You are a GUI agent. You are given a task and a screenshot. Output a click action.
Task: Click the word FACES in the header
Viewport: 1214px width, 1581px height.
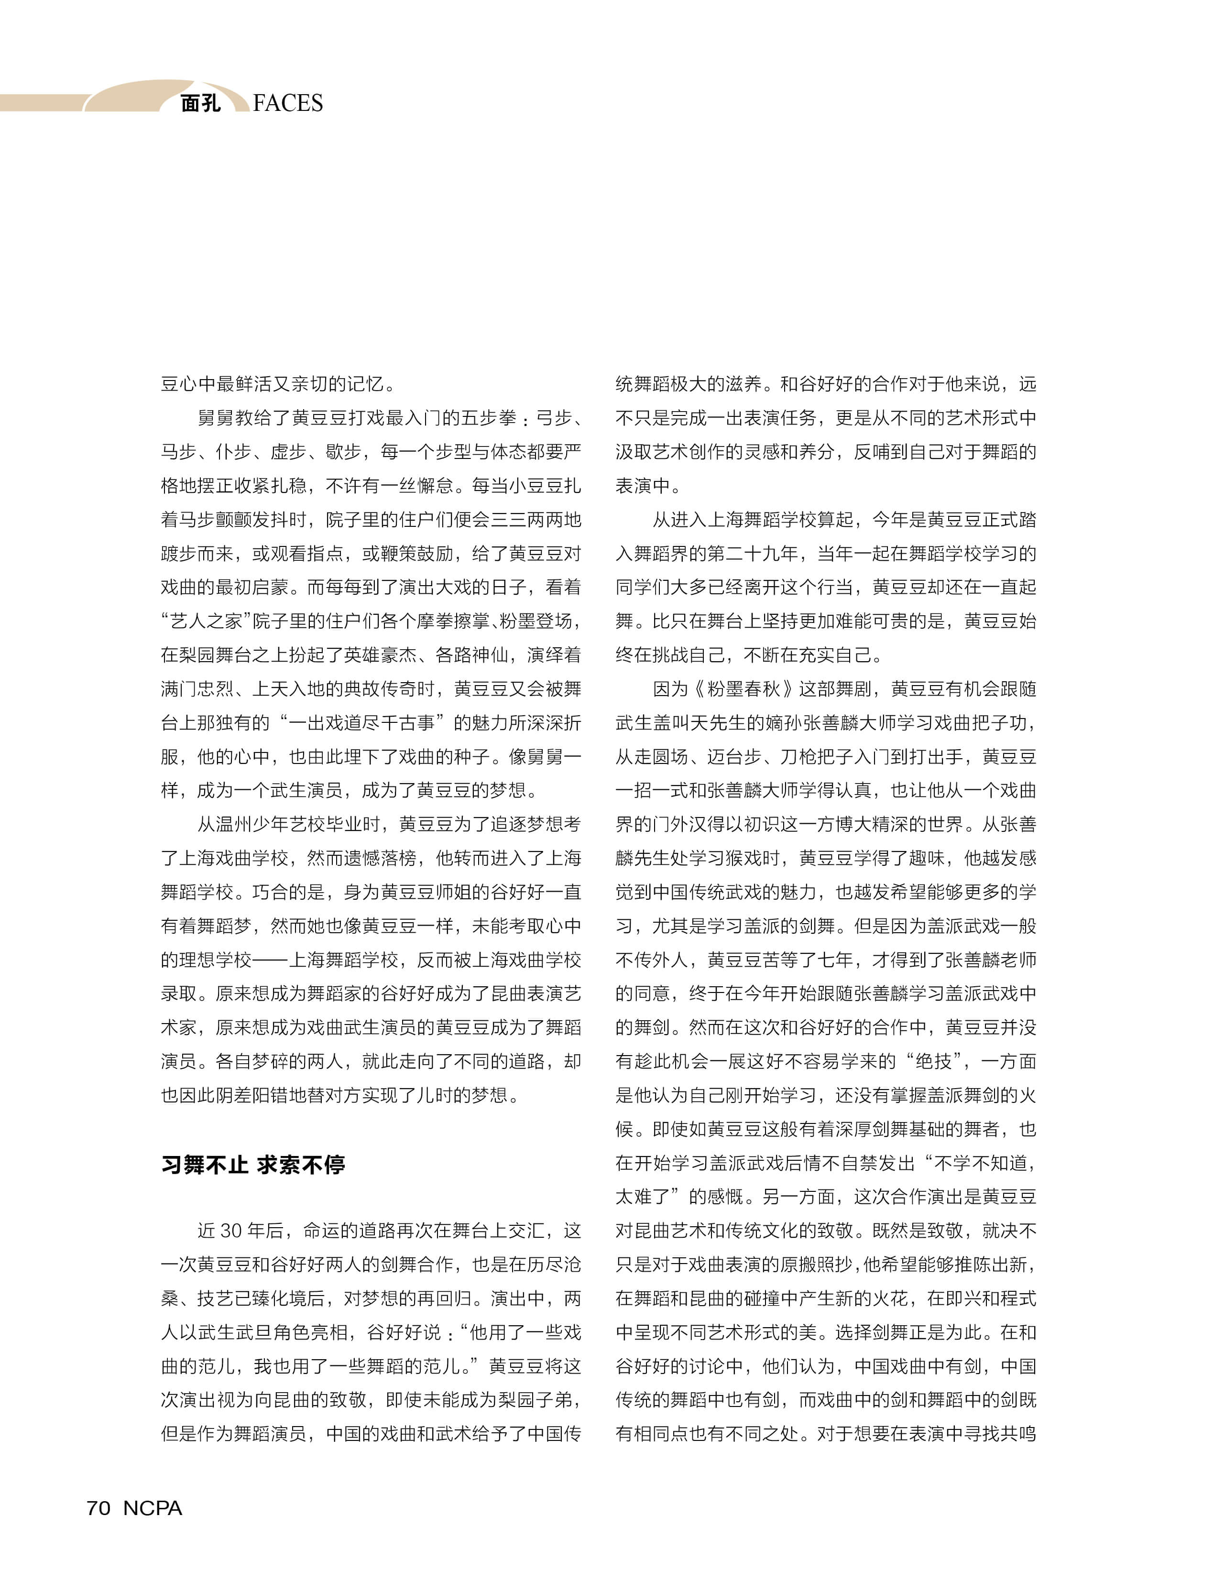click(288, 103)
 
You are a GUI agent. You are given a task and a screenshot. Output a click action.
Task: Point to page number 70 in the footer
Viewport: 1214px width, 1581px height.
click(98, 1508)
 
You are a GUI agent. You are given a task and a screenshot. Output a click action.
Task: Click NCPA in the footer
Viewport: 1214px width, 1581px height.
click(153, 1508)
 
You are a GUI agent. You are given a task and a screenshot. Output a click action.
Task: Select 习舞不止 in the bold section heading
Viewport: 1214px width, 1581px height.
click(204, 1165)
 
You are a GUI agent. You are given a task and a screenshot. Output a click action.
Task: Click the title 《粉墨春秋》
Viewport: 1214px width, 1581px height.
click(744, 688)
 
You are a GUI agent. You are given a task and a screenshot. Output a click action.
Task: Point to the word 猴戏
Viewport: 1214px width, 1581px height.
click(762, 859)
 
